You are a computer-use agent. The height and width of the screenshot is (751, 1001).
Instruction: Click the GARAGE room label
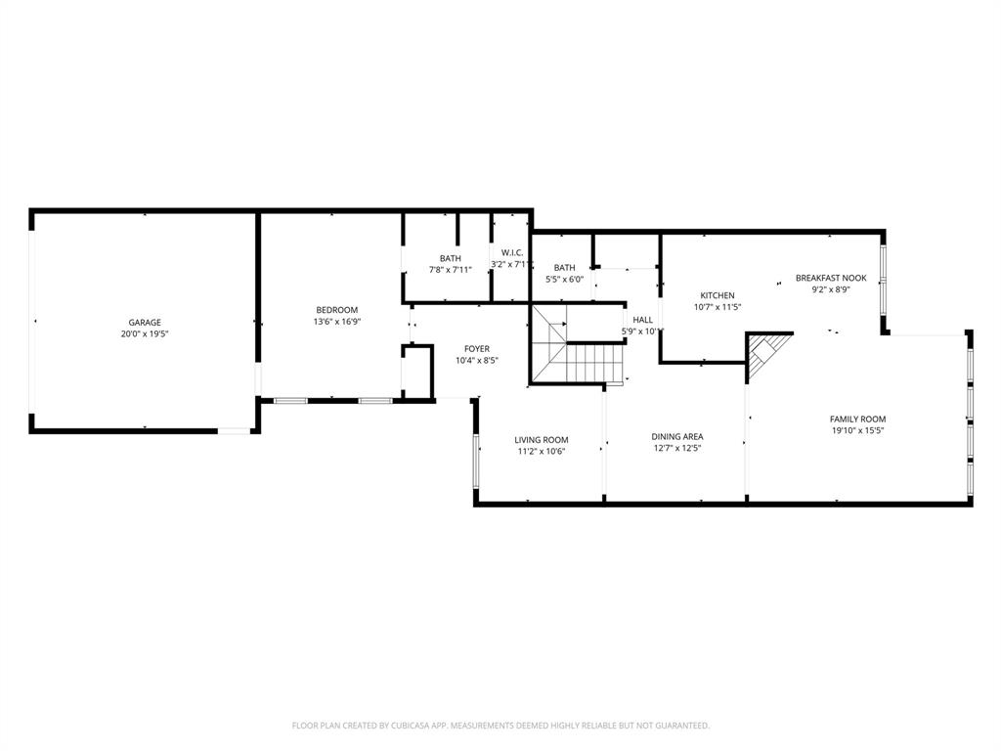coord(145,323)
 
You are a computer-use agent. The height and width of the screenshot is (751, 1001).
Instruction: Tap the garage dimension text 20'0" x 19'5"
coord(145,334)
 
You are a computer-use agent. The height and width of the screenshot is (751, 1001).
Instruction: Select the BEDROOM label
coord(336,310)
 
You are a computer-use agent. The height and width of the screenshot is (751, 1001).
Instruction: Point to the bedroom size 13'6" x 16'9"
coord(336,322)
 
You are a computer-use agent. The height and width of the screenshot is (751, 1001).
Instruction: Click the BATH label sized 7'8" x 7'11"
coord(450,258)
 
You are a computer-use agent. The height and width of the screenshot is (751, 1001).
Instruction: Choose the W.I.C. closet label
coord(512,252)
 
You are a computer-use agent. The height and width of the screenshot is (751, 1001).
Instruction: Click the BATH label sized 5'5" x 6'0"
coord(564,268)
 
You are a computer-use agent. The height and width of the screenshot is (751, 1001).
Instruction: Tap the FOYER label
coord(476,349)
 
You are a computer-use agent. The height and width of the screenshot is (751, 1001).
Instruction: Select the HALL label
coord(642,320)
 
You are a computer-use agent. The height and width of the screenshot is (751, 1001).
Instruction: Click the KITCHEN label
coord(717,295)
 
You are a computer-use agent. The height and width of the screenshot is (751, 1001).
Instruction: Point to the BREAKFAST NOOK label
coord(830,278)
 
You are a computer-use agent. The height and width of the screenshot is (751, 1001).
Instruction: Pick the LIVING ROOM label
coord(541,440)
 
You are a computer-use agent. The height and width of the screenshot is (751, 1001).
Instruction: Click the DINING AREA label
coord(676,437)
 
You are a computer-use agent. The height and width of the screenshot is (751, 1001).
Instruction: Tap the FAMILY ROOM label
coord(857,420)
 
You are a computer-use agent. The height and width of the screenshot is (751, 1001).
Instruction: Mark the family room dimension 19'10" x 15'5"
coord(857,430)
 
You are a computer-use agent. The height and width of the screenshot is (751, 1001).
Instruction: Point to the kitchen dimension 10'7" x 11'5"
coord(717,307)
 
